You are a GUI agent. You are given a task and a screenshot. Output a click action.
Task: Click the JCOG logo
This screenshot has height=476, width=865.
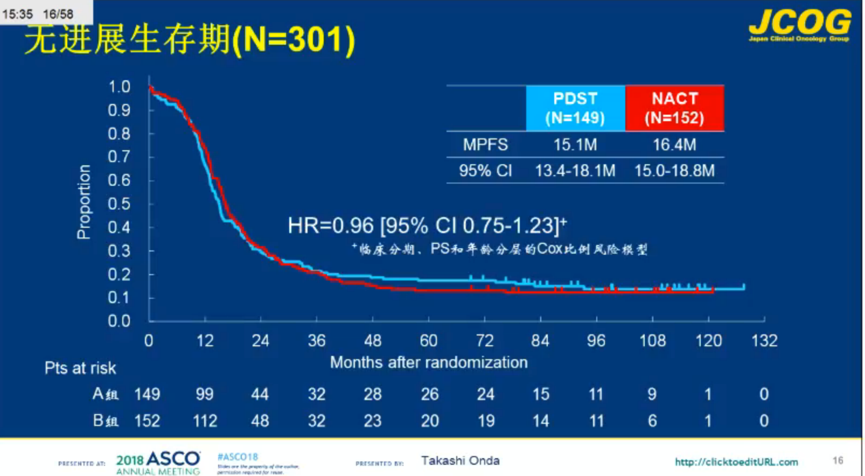coord(799,25)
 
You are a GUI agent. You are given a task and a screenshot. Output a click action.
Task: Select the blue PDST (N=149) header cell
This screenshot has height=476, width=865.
coord(575,108)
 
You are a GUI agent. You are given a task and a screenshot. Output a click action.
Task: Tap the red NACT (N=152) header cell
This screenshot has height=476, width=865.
coord(674,108)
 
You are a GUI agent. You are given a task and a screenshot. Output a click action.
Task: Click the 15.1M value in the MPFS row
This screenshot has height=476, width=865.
coord(575,145)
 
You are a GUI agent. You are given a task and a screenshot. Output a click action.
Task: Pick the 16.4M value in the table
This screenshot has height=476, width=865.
coord(674,145)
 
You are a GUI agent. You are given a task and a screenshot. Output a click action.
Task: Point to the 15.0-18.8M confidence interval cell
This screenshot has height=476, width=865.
coord(674,171)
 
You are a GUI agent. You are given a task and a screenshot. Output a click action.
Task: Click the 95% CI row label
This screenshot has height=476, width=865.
coord(485,171)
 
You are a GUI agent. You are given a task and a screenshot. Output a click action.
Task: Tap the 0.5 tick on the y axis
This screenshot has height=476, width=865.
coord(119,204)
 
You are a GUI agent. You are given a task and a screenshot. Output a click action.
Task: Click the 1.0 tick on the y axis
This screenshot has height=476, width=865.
coord(119,87)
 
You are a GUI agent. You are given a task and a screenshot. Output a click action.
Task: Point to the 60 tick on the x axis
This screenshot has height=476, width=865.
coord(429,341)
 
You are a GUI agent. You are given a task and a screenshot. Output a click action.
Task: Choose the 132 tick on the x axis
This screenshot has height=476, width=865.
coord(764,341)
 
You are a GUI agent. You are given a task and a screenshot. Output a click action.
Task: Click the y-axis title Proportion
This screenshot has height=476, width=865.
coord(83,202)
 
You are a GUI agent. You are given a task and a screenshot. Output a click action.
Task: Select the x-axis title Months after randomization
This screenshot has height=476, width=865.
coord(429,362)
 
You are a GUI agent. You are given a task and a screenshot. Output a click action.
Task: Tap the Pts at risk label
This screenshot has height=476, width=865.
coord(80,368)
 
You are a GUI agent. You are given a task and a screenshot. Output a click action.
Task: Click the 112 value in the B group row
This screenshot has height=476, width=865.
coord(205,421)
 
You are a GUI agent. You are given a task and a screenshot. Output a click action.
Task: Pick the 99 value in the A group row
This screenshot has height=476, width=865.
coord(205,394)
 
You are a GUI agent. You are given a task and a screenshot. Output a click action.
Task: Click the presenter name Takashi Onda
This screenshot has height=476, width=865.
coord(460,461)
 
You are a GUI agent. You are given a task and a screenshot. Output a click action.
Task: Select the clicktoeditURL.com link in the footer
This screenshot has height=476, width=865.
coord(736,462)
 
